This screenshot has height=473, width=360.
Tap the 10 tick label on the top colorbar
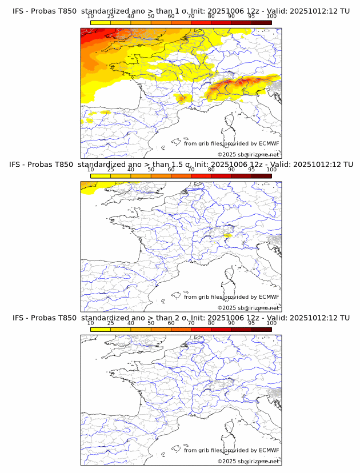(90, 16)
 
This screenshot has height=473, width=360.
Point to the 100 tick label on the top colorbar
(271, 16)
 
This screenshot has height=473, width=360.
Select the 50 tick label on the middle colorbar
(151, 170)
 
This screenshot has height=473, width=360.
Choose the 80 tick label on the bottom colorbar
(211, 323)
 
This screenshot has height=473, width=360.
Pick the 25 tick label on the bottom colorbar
(110, 323)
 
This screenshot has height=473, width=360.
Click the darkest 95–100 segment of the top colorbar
(261, 23)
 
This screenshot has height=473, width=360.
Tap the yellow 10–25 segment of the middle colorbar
(101, 176)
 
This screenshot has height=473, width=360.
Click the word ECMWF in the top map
(269, 143)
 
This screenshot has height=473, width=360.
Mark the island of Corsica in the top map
(230, 122)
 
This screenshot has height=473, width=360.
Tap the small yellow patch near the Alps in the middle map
(227, 235)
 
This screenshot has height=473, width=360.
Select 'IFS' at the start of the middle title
(18, 165)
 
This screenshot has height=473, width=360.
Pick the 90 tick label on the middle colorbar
(231, 170)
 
